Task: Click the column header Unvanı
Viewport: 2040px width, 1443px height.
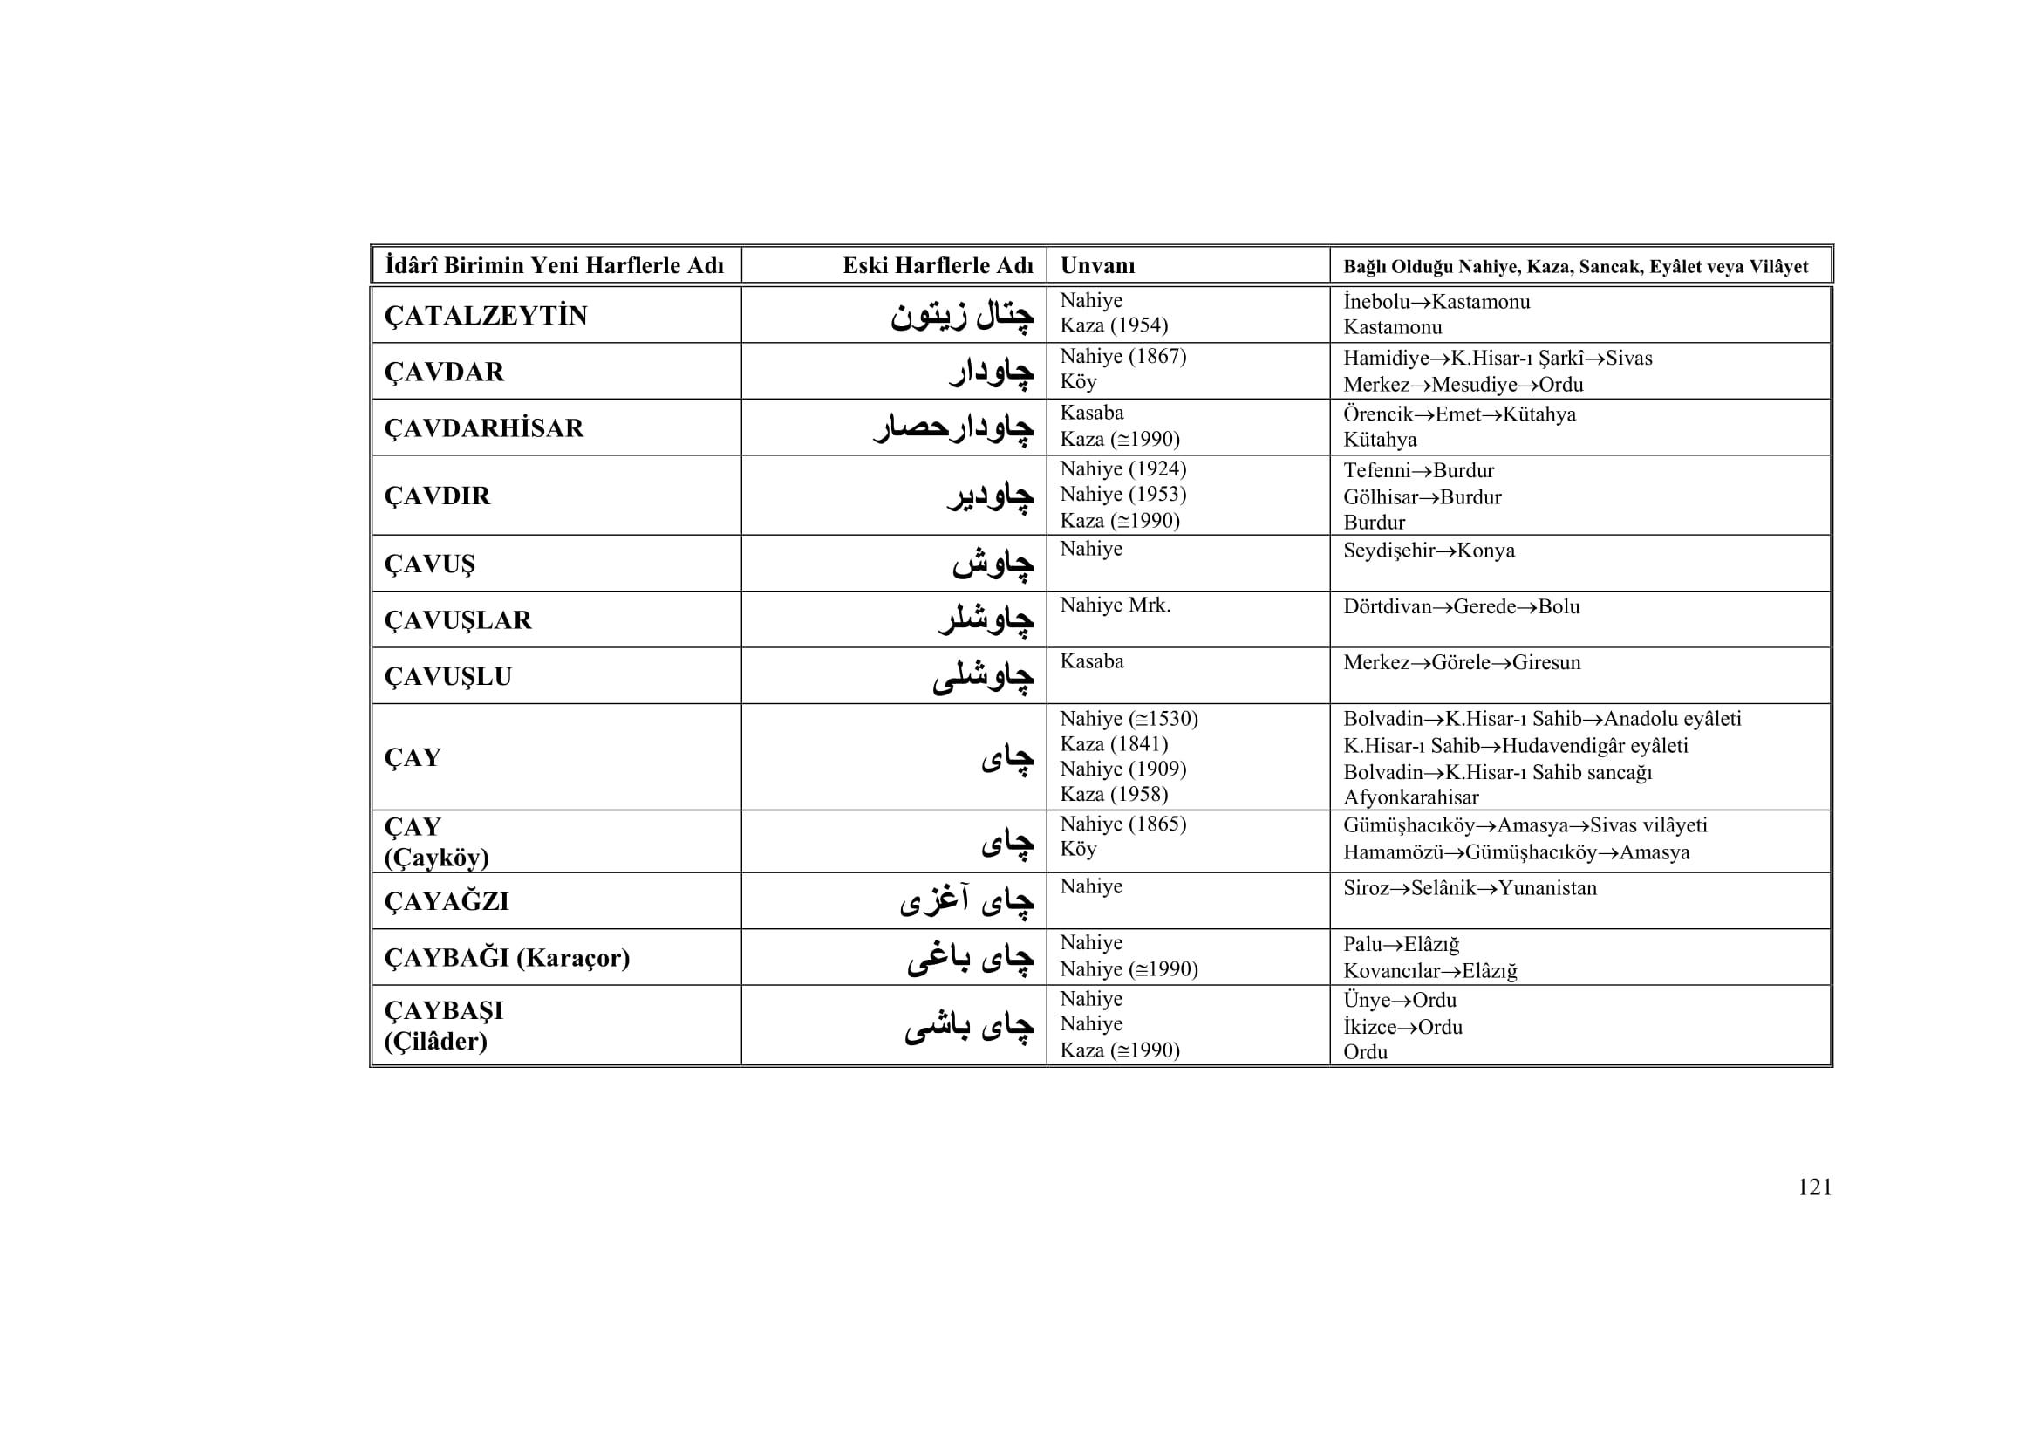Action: tap(1097, 266)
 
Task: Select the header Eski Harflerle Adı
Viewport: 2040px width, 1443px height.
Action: tap(938, 266)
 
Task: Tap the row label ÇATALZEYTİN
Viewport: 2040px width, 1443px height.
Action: tap(485, 316)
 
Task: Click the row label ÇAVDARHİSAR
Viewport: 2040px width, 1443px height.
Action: tap(483, 428)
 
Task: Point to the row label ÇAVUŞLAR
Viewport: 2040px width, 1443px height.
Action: tap(458, 620)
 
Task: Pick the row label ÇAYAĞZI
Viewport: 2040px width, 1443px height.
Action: tap(446, 902)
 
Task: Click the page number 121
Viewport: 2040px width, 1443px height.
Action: tap(1814, 1187)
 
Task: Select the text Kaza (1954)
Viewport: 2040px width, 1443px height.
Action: tap(1113, 326)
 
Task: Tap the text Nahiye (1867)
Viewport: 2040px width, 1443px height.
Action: tap(1123, 356)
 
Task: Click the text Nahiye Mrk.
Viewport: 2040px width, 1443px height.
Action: tap(1116, 605)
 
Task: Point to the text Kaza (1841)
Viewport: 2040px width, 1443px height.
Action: tap(1113, 743)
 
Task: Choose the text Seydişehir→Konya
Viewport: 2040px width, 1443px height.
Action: tap(1429, 551)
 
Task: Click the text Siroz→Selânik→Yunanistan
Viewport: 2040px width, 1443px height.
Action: tap(1470, 887)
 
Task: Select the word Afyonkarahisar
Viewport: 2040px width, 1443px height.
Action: tap(1411, 797)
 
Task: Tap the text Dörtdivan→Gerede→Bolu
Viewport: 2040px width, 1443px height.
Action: tap(1462, 607)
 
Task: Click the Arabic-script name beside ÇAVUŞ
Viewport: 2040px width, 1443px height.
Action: tap(993, 564)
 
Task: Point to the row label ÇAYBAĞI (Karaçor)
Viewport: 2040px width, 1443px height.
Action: tap(507, 958)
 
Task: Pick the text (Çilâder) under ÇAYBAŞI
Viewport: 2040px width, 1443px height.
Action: tap(435, 1042)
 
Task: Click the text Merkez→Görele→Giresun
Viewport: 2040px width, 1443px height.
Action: tap(1462, 663)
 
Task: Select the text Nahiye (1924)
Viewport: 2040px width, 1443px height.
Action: tap(1123, 469)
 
